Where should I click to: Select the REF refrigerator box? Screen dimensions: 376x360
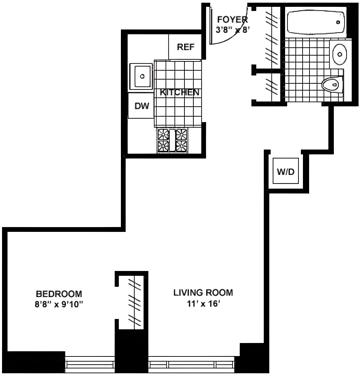coord(185,47)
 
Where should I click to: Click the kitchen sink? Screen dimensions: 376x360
coord(141,76)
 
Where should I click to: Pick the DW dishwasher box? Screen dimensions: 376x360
coord(142,106)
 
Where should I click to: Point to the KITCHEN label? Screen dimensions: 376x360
coord(180,93)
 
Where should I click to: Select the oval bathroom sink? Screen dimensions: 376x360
coord(339,54)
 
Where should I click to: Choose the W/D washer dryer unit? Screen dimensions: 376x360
coord(285,171)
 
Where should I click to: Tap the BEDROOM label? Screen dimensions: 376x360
coord(60,292)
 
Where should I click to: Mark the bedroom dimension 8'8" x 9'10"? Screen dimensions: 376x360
coord(60,303)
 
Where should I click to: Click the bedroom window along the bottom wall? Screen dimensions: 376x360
coord(89,363)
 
